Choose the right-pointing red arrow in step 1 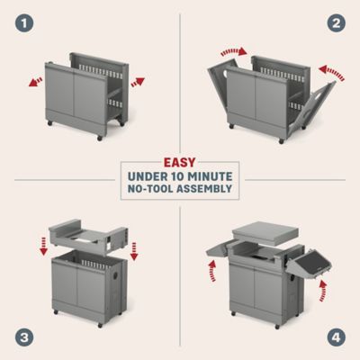click(137, 80)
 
